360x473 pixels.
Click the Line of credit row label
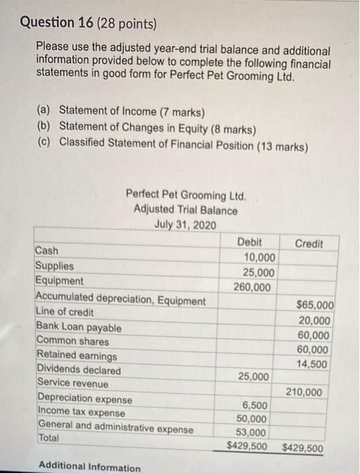click(x=65, y=314)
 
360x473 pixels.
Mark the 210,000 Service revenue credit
click(x=313, y=392)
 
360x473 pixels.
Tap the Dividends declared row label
click(x=79, y=370)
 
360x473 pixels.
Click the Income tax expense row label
click(x=81, y=412)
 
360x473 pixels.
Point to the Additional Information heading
click(x=89, y=467)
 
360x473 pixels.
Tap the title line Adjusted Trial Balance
click(x=185, y=209)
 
